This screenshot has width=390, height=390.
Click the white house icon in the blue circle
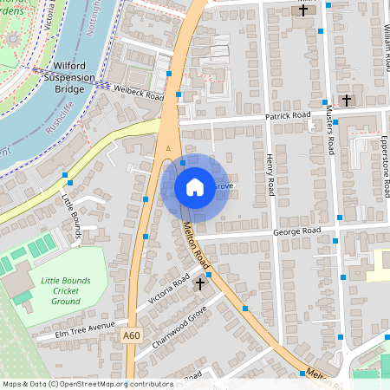[194, 186]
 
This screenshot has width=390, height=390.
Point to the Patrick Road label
[287, 115]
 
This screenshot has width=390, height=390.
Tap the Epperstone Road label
[385, 165]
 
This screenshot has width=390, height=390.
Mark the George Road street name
[296, 231]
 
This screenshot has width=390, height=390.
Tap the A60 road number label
[131, 336]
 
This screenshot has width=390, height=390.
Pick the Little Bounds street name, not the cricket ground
[72, 213]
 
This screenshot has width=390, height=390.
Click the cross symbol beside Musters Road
[347, 101]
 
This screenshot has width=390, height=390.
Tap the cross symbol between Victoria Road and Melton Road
[200, 283]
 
